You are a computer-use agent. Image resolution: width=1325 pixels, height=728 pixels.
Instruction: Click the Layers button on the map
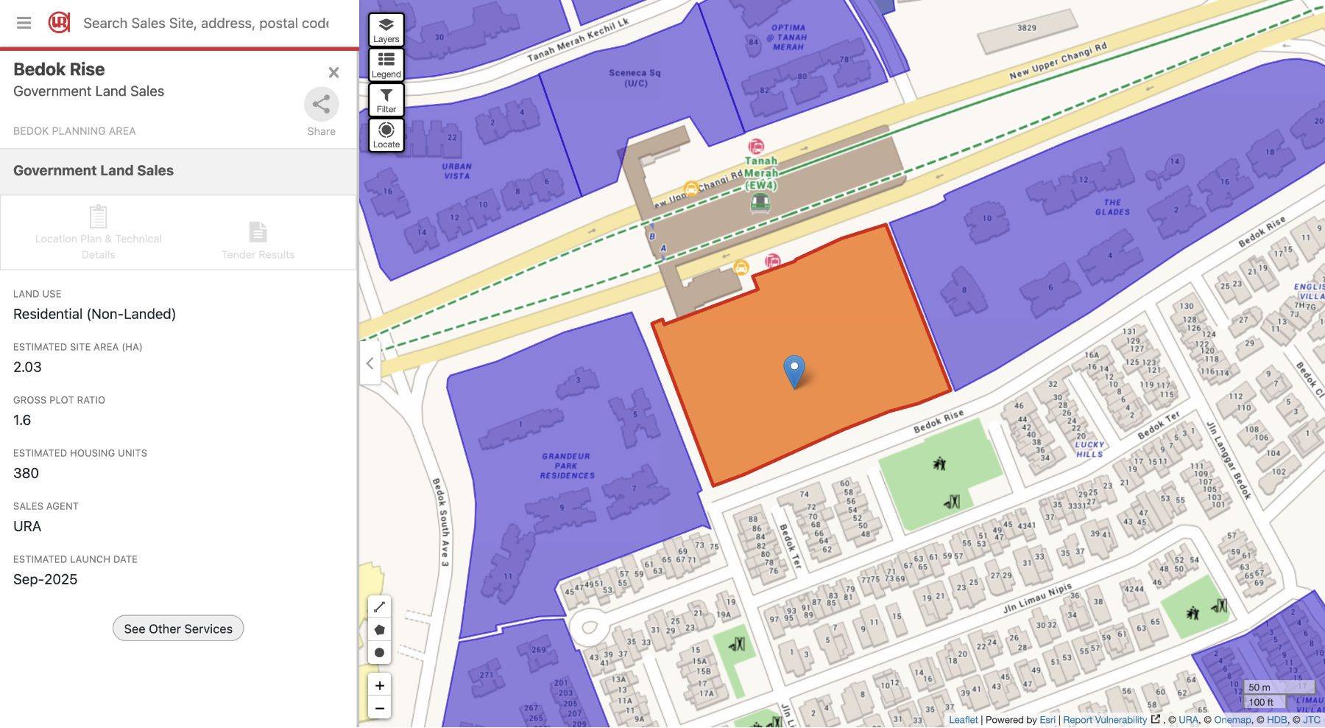point(386,29)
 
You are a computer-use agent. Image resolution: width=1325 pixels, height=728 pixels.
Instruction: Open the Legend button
point(386,64)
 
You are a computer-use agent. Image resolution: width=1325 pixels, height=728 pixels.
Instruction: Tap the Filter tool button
point(386,99)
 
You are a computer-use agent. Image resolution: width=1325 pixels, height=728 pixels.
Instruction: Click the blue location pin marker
point(794,371)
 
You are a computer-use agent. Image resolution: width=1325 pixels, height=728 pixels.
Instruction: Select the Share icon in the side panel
point(321,105)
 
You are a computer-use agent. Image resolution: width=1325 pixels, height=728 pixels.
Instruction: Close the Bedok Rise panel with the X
point(333,72)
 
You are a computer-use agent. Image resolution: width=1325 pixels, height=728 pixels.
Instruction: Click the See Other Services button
point(178,629)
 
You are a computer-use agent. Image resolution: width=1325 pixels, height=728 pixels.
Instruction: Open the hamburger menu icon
point(24,23)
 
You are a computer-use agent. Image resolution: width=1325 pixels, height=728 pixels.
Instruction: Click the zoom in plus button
point(379,685)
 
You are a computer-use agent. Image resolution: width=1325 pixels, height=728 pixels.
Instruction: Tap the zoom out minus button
point(379,709)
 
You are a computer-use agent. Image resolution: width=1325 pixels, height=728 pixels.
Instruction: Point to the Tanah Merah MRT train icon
point(760,202)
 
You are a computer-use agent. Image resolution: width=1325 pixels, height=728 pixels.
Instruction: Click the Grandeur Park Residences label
point(567,466)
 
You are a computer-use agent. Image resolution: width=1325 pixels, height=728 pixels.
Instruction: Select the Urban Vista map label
point(456,171)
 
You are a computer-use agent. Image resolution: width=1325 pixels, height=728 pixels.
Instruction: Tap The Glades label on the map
point(1112,207)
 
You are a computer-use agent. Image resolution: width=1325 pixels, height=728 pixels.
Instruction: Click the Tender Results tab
point(258,240)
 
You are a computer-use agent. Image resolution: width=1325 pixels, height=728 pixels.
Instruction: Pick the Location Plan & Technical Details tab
point(99,233)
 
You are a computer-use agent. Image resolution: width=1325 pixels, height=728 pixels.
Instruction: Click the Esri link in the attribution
point(1047,720)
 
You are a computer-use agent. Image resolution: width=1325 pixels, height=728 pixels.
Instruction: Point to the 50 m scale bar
point(1259,687)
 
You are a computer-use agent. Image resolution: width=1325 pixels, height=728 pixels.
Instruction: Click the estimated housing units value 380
point(26,473)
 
